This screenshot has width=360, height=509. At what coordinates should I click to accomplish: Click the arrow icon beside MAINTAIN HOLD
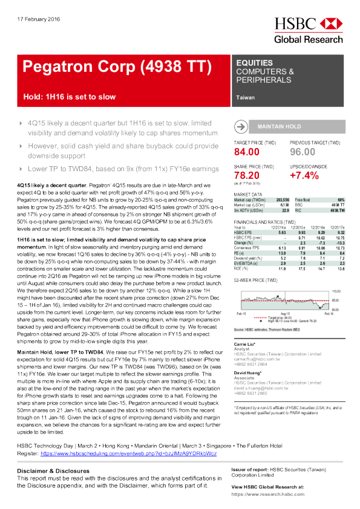(x=241, y=126)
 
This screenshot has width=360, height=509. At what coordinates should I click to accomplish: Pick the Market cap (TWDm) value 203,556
(x=280, y=199)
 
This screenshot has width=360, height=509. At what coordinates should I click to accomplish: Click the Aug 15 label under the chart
(x=286, y=314)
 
